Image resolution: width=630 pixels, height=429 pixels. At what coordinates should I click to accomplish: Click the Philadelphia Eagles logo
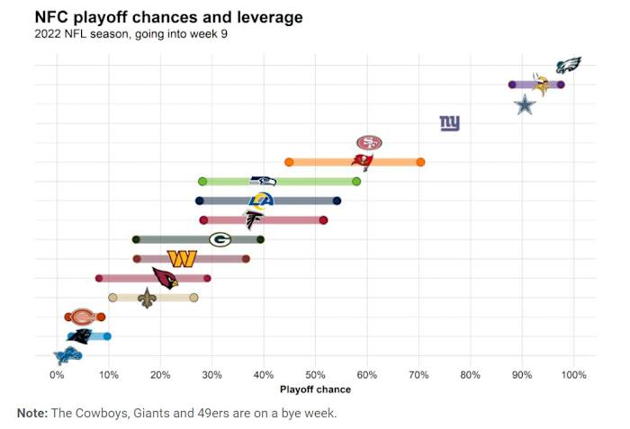tap(568, 65)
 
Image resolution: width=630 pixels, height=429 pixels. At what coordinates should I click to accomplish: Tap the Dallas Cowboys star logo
tap(525, 105)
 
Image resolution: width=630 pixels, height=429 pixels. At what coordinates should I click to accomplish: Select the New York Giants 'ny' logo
tap(449, 123)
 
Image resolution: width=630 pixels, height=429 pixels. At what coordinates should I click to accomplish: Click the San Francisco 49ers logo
tap(369, 143)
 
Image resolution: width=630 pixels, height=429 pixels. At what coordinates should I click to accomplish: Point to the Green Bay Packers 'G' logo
tap(220, 239)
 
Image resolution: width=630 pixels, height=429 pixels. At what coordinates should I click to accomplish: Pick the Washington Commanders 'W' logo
tap(182, 259)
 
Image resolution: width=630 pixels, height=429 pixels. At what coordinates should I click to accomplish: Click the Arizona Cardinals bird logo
tap(165, 278)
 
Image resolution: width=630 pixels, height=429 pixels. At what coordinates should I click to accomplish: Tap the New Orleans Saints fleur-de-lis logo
tap(147, 298)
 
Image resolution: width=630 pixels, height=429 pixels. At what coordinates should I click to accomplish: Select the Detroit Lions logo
tap(70, 355)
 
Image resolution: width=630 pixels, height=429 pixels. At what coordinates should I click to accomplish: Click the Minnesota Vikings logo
tap(541, 85)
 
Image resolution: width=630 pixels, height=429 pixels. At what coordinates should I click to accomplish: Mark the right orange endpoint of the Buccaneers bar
tap(420, 162)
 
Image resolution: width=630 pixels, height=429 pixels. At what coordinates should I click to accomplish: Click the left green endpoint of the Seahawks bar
tap(202, 181)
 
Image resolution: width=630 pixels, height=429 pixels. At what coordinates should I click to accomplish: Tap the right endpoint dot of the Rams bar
tap(337, 201)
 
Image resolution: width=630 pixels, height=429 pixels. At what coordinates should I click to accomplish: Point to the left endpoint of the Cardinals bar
tap(99, 278)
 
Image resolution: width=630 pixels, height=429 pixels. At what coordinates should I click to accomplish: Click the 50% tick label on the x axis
tap(315, 375)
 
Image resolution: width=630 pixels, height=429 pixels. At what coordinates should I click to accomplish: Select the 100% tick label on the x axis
tap(573, 375)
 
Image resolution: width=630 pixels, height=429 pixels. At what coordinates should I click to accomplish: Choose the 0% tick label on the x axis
tap(57, 375)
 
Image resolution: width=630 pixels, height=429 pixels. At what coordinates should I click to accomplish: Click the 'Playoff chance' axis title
tap(315, 389)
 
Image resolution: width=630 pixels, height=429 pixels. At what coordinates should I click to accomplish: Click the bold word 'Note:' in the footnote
tap(35, 413)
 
